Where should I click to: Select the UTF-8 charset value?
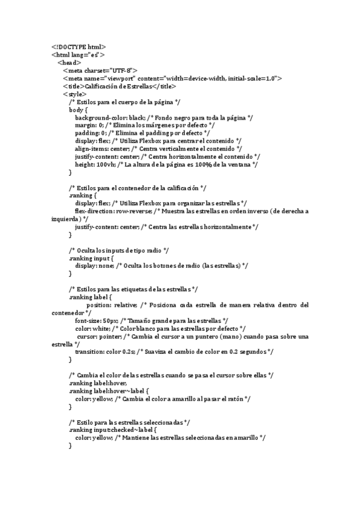tap(122, 70)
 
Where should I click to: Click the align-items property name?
tap(92, 149)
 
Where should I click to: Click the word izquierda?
tap(65, 219)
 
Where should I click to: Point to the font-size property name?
tap(88, 321)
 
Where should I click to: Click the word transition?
tap(90, 352)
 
